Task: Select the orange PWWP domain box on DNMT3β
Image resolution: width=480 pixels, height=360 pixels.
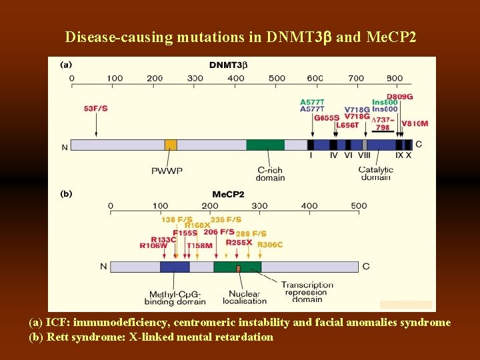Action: pos(171,145)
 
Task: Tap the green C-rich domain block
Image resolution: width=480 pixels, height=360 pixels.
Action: pos(265,145)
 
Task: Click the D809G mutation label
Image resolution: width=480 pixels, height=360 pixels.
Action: pos(399,97)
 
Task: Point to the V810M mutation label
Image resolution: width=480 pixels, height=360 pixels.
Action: pos(415,123)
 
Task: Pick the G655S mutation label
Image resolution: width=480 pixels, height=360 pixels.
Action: pos(327,117)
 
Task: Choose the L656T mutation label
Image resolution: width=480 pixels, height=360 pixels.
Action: pos(347,125)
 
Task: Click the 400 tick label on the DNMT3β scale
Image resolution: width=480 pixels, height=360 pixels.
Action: pos(236,78)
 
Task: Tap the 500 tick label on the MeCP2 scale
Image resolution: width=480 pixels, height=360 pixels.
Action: pos(359,206)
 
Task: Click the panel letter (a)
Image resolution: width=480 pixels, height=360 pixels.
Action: pos(67,65)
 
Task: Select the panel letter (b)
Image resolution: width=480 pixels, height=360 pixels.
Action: pos(67,194)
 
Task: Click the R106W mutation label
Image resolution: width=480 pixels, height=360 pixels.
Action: pos(153,245)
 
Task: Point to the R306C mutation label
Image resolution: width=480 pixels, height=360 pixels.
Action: pos(270,245)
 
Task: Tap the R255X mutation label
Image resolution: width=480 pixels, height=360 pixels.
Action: pos(239,243)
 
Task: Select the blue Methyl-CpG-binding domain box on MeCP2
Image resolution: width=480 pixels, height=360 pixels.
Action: pos(175,267)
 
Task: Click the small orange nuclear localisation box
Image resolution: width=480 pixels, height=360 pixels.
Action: pos(238,268)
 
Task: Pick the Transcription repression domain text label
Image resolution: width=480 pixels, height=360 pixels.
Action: pos(307,292)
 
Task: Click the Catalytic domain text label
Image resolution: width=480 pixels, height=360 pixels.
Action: pos(375,173)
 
